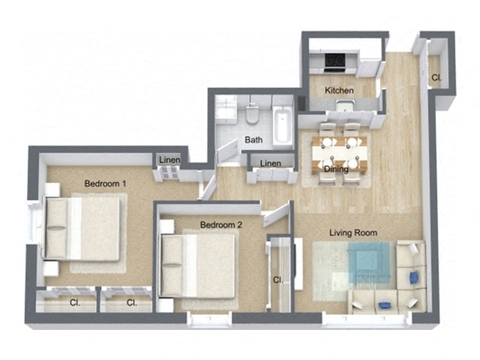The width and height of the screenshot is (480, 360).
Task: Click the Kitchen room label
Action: click(339, 91)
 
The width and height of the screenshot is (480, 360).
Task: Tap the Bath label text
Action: click(253, 140)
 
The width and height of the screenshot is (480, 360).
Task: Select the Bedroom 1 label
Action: click(105, 183)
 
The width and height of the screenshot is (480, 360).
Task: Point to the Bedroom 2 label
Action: click(221, 224)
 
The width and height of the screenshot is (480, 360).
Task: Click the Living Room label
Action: click(353, 232)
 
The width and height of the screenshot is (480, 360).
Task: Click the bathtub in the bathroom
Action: click(282, 126)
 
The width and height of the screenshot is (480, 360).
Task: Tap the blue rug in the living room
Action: click(368, 264)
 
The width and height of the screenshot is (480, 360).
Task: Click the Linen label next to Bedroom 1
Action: click(169, 159)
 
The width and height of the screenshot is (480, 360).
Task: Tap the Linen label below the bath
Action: click(270, 164)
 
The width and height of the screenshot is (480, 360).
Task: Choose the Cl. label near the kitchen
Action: click(436, 77)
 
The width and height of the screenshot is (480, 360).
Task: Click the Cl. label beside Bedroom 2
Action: click(277, 280)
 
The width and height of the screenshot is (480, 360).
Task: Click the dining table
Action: click(340, 154)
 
